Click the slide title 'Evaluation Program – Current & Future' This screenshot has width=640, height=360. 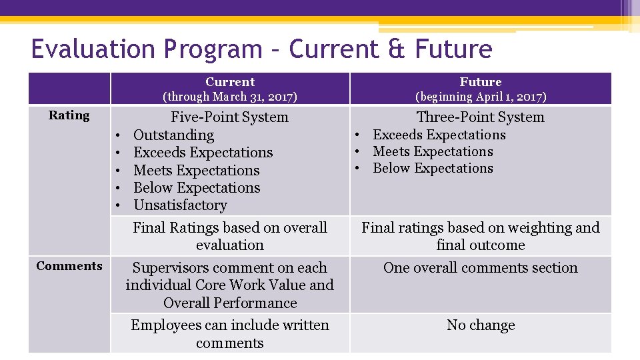click(261, 49)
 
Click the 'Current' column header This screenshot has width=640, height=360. click(230, 82)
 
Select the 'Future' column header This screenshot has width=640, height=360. click(480, 82)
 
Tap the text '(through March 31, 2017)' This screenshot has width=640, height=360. click(230, 97)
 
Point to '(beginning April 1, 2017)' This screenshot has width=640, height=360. click(480, 97)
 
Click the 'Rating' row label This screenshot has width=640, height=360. click(69, 115)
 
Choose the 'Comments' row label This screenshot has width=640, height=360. click(69, 266)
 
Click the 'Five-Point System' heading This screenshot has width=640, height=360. click(230, 117)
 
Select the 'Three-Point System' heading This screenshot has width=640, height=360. click(480, 117)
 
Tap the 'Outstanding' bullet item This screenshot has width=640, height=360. click(173, 135)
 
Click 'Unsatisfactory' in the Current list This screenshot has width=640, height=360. click(180, 205)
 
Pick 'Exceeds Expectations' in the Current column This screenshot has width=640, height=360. click(203, 153)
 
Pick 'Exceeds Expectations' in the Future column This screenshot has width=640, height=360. click(439, 135)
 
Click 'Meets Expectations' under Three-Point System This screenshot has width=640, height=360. click(433, 152)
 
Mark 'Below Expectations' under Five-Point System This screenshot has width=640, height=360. click(197, 188)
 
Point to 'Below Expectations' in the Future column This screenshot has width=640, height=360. click(433, 169)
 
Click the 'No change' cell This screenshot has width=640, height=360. click(480, 325)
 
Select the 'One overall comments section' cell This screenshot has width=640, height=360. click(480, 268)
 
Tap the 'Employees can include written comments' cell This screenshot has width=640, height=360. click(230, 334)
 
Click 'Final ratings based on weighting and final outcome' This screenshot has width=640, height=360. click(480, 236)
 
